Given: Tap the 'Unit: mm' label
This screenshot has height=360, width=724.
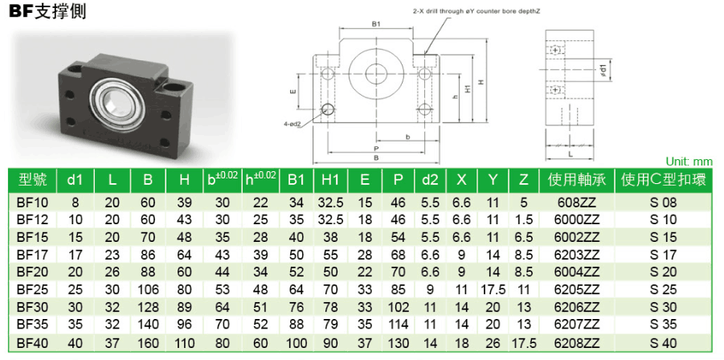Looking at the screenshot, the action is [689, 162].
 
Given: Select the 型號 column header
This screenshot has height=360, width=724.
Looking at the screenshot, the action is [32, 180].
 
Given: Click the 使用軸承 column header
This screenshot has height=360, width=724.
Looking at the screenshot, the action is [577, 180].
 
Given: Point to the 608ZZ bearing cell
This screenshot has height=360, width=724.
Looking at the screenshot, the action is [577, 202].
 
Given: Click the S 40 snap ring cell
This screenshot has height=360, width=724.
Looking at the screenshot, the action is [664, 343].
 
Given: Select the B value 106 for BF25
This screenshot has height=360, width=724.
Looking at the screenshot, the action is [148, 290].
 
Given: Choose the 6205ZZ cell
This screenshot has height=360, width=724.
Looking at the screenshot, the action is [577, 290].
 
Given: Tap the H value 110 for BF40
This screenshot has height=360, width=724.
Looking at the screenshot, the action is [184, 343].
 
